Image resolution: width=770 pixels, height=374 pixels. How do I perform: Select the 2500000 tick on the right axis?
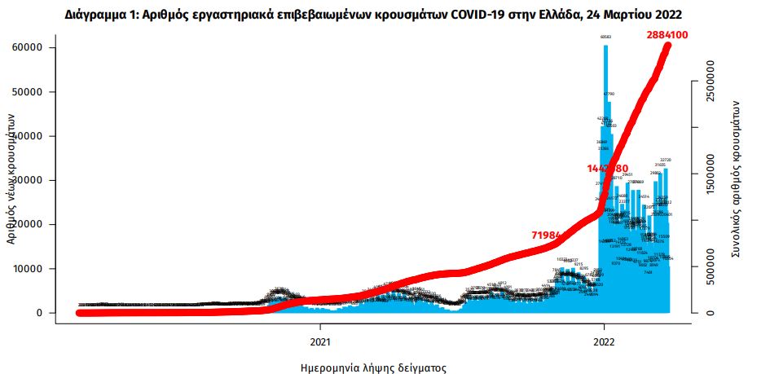click(712, 81)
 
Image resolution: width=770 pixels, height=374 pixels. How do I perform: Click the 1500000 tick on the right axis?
click(712, 174)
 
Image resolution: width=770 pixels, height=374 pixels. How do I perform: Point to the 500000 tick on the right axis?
click(712, 266)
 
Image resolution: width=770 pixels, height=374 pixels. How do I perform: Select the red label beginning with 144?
click(606, 168)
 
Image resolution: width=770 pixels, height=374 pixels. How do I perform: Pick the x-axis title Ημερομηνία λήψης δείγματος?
click(372, 367)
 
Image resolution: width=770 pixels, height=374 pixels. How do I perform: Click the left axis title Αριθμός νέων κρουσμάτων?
click(11, 178)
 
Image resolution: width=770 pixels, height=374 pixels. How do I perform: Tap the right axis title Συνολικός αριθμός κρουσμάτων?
click(735, 180)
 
